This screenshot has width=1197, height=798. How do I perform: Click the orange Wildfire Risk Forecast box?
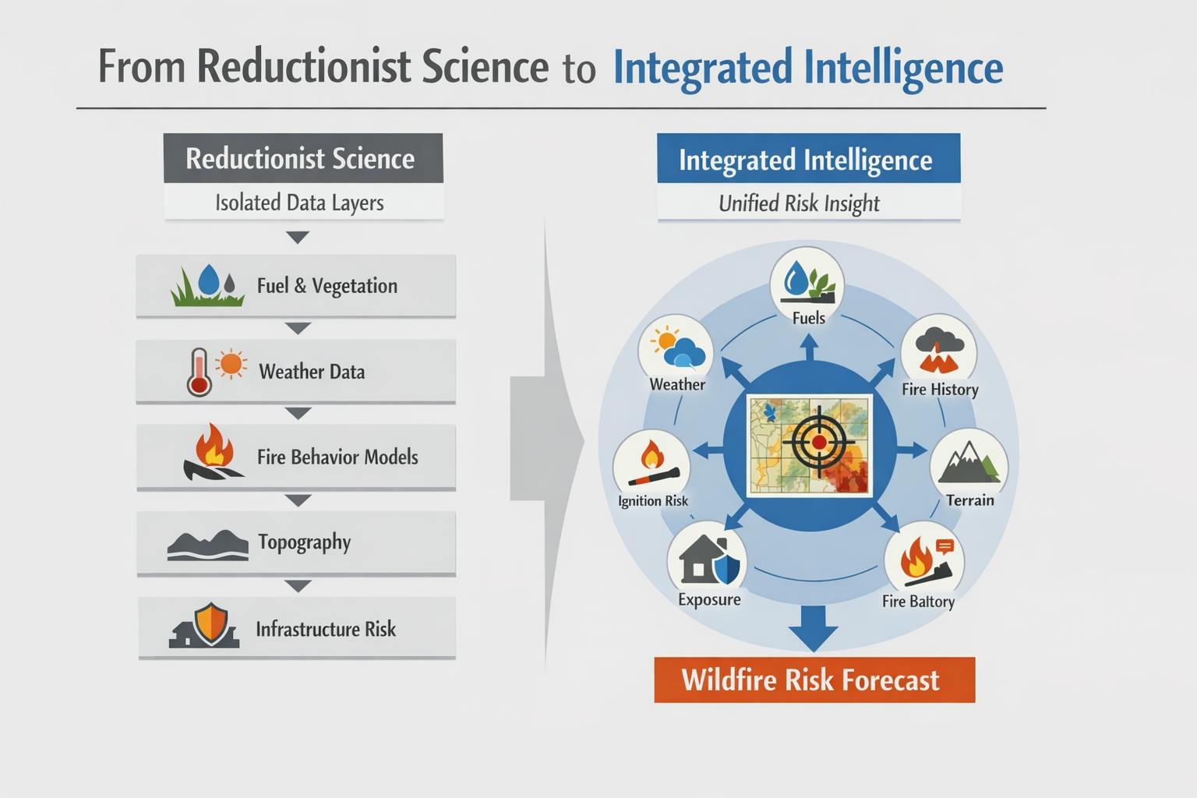(x=814, y=680)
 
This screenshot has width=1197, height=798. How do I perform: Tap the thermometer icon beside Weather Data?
(x=199, y=373)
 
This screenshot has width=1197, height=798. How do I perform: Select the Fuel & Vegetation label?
(x=327, y=286)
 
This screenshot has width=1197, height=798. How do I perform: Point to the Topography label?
(x=304, y=542)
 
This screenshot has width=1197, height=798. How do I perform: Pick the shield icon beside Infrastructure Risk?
(x=211, y=623)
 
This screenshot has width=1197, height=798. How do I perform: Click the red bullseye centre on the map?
(x=819, y=442)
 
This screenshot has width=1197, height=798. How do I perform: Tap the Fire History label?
(x=940, y=390)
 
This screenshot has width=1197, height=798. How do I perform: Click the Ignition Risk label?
(x=652, y=501)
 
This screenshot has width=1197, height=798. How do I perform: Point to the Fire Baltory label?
(x=918, y=602)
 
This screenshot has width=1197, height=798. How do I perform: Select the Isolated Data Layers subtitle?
(x=299, y=203)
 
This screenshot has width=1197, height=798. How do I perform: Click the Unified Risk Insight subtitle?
(x=799, y=203)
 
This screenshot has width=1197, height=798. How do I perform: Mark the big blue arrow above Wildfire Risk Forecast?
(x=814, y=628)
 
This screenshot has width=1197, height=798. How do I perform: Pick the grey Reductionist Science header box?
(x=303, y=158)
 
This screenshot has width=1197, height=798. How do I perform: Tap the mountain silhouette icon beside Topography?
(x=208, y=545)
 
